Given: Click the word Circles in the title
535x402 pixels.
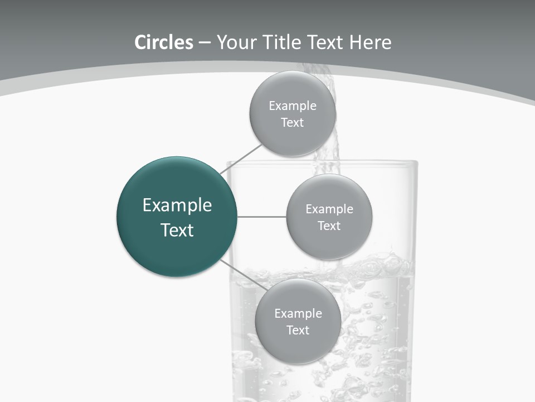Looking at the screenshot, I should coord(163,42).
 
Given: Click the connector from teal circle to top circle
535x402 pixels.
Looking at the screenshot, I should coord(241,159).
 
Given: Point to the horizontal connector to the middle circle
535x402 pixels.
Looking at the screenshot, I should coord(261,217).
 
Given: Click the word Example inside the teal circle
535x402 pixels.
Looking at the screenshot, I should coord(177,205).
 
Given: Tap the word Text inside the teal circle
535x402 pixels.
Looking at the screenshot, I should coord(177,230).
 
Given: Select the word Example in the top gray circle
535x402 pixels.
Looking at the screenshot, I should coord(293,106).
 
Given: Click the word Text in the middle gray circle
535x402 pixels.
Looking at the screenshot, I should coord(329,226).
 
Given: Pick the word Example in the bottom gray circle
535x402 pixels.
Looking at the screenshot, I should coord(298,314).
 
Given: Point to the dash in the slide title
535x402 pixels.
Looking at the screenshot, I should coord(205,42).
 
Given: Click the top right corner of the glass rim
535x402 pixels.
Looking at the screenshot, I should coord(416,163).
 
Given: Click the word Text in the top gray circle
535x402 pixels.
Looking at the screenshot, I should coord(293,123).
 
